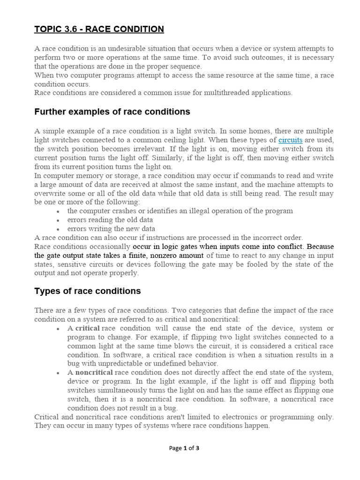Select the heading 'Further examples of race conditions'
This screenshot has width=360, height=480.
pyautogui.click(x=112, y=112)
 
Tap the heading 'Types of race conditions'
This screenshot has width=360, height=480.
pyautogui.click(x=88, y=291)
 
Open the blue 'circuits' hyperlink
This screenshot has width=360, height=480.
pyautogui.click(x=290, y=140)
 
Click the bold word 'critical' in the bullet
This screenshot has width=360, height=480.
pyautogui.click(x=87, y=328)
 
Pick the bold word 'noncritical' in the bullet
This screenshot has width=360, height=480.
pyautogui.click(x=94, y=372)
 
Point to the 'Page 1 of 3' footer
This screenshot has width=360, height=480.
pyautogui.click(x=184, y=448)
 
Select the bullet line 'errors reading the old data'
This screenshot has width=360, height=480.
pyautogui.click(x=110, y=220)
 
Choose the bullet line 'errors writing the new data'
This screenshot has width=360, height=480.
pyautogui.click(x=111, y=229)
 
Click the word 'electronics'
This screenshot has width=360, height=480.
pyautogui.click(x=241, y=417)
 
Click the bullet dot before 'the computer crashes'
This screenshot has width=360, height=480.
pyautogui.click(x=57, y=211)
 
